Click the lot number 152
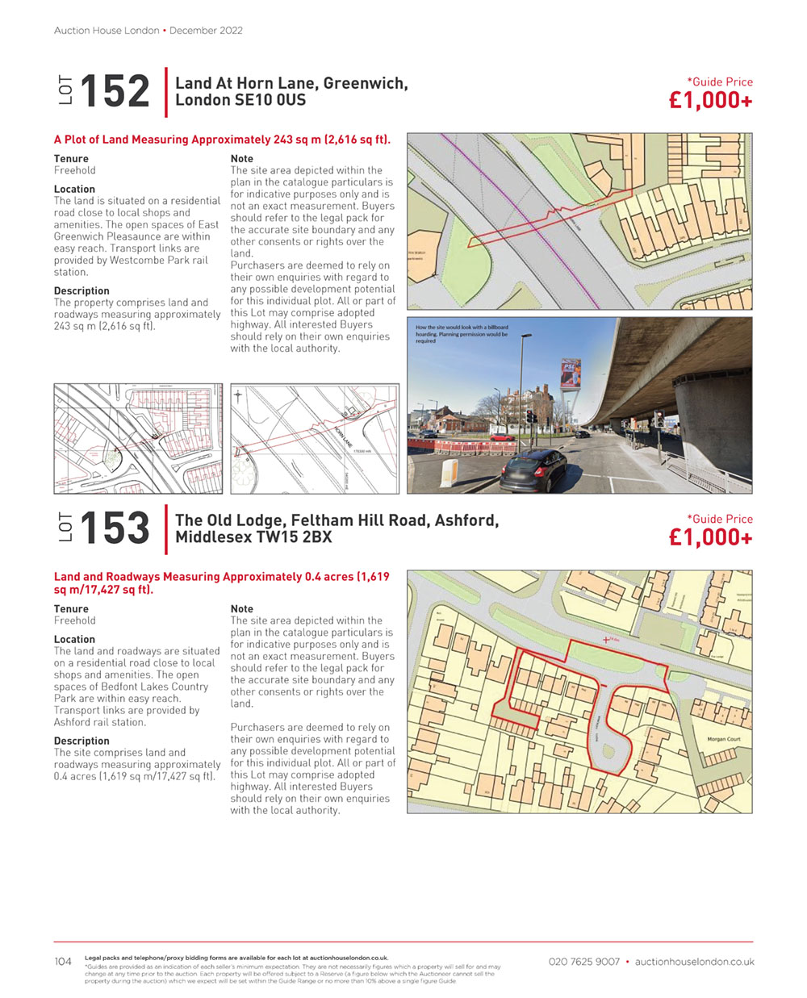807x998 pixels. point(115,90)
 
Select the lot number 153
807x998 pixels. point(115,528)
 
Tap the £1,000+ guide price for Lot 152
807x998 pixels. point(710,100)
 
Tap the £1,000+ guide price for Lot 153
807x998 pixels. point(710,537)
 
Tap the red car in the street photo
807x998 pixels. point(504,436)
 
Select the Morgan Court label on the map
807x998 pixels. point(723,739)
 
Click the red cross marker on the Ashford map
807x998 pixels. point(606,640)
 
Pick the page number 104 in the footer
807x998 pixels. point(63,961)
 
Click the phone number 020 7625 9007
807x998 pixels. point(583,962)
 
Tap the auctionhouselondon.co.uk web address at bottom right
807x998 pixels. point(694,962)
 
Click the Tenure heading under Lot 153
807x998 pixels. point(71,609)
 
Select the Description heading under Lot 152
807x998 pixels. point(82,290)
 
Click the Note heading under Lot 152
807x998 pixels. point(241,159)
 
